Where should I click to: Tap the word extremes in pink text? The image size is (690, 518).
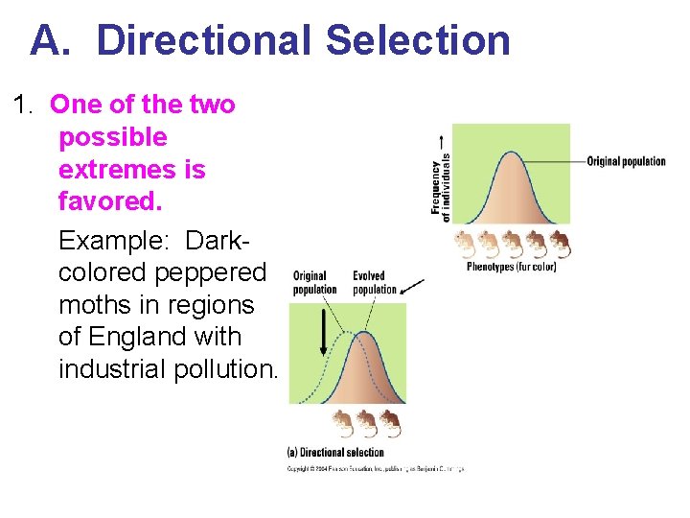point(132,170)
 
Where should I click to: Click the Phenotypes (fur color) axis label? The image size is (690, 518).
point(511,267)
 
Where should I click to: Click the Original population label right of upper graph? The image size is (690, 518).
point(626,161)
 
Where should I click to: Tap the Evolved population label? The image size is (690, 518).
point(374,282)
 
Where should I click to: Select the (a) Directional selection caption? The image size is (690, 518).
point(335,452)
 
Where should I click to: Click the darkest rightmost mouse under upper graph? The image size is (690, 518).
point(560,244)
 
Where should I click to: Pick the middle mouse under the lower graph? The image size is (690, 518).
point(365,422)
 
